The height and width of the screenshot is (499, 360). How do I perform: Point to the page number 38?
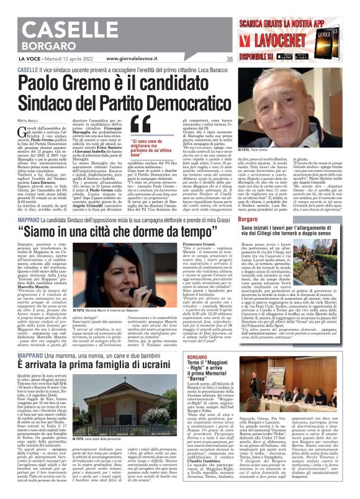point(229,60)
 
